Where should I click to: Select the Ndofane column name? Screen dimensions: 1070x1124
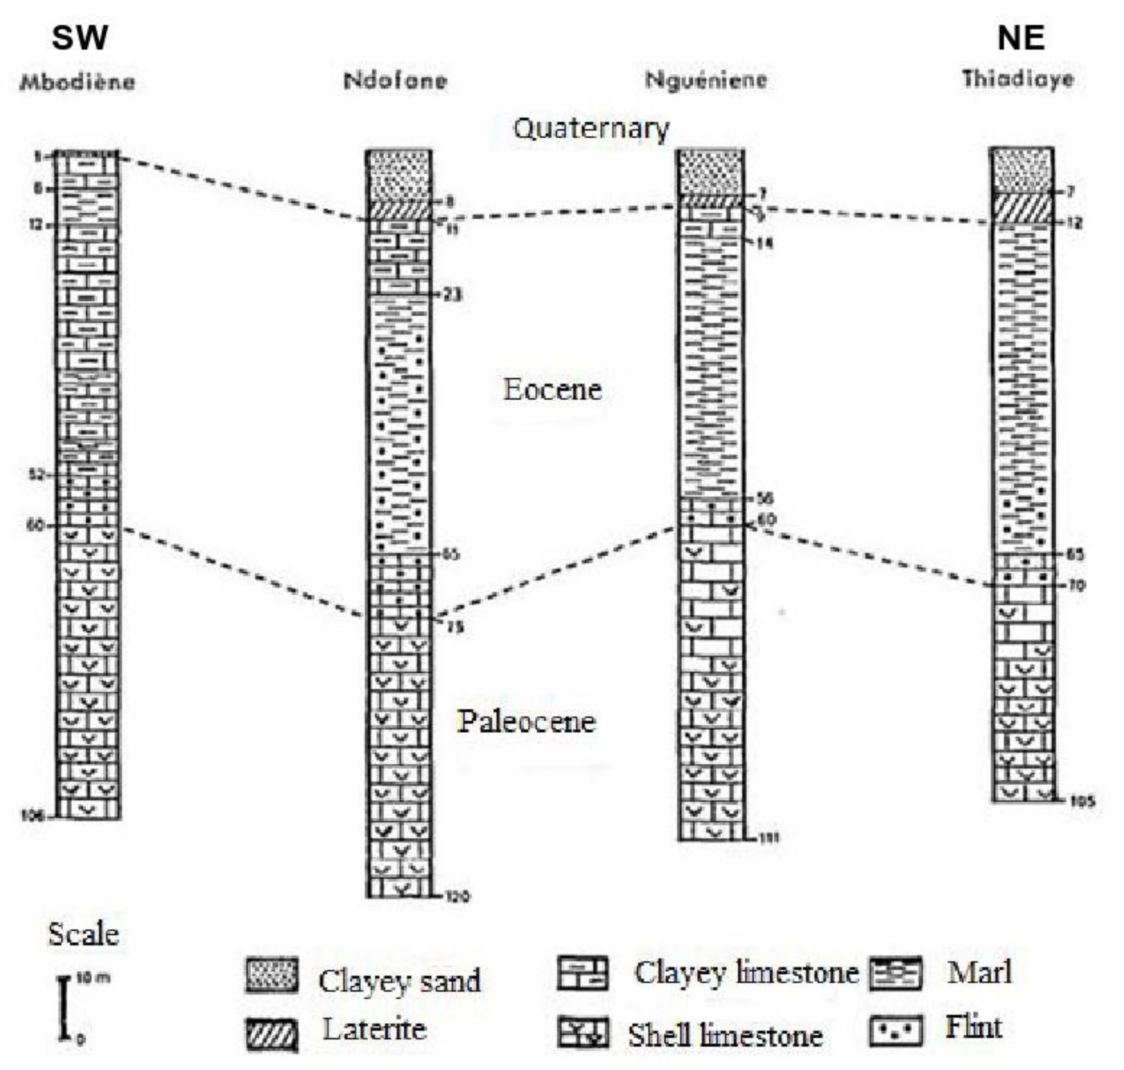coord(395,81)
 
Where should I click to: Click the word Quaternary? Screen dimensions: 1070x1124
coord(591,129)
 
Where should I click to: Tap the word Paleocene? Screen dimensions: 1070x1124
coord(527,722)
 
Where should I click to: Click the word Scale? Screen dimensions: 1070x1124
coord(83,935)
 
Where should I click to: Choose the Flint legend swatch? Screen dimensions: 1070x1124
coord(895,1031)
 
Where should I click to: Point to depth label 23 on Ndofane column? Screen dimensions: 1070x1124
coord(452,295)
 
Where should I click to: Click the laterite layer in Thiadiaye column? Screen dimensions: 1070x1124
coord(1021,208)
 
